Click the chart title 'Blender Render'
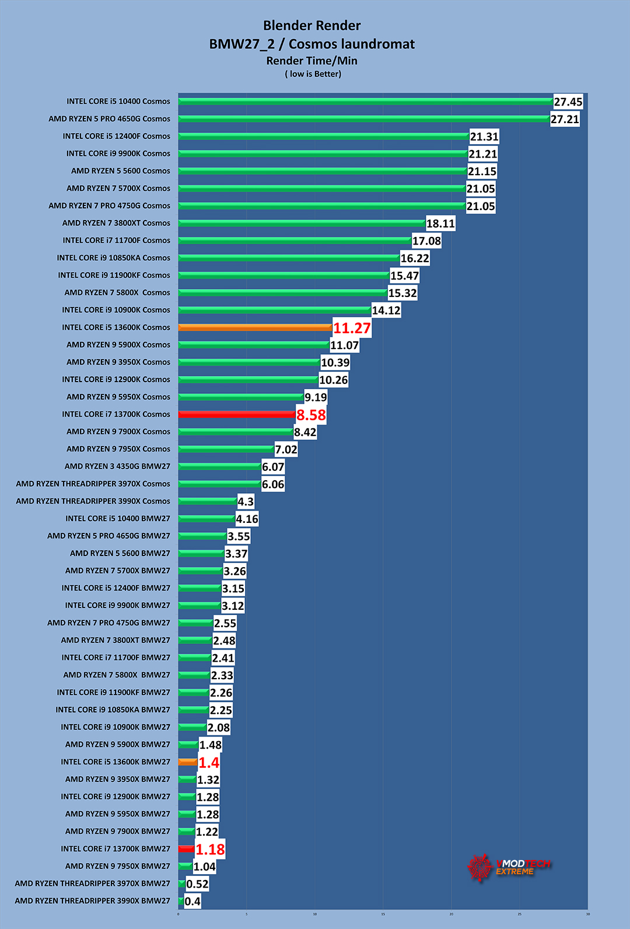pos(311,26)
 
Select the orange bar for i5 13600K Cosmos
pos(255,327)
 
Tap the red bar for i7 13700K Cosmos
pos(236,414)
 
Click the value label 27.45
pos(568,102)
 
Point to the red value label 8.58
pos(311,415)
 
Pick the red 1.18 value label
pos(210,850)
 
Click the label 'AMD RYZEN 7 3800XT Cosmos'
pos(116,223)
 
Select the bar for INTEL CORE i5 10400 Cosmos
pos(365,101)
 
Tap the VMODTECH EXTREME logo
pos(509,867)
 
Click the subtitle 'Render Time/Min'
pos(311,61)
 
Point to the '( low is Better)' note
pos(313,74)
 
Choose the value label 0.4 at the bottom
pos(192,902)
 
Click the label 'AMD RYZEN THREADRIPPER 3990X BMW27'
pos(92,901)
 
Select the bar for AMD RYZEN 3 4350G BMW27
pos(219,466)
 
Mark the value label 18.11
pos(440,223)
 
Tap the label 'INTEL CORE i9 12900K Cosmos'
pos(116,379)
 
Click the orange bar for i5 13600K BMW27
pos(187,762)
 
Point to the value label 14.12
pos(386,310)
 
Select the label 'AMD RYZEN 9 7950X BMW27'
pos(117,866)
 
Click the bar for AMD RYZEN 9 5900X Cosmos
pos(254,345)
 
